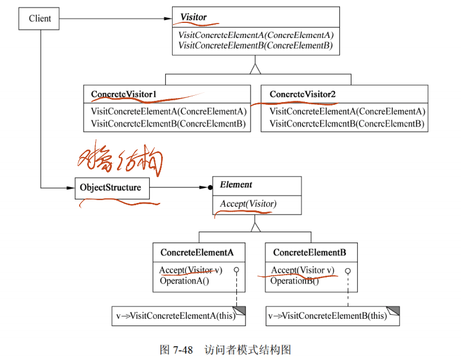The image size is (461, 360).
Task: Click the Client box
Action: pyautogui.click(x=40, y=18)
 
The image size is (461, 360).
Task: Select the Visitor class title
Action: pyautogui.click(x=194, y=17)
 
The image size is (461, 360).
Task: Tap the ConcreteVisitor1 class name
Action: pyautogui.click(x=124, y=93)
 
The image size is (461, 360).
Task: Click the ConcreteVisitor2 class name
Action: pyautogui.click(x=302, y=93)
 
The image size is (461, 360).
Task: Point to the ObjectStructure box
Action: pyautogui.click(x=111, y=187)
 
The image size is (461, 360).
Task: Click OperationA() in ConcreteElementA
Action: pyautogui.click(x=184, y=281)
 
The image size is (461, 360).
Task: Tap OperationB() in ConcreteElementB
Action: pyautogui.click(x=295, y=281)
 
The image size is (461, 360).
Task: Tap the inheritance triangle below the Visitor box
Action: pyautogui.click(x=255, y=69)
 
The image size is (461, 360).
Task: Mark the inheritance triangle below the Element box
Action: pyautogui.click(x=256, y=225)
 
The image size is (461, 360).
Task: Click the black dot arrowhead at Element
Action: pyautogui.click(x=209, y=187)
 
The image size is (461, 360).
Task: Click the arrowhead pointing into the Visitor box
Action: pyautogui.click(x=168, y=18)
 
